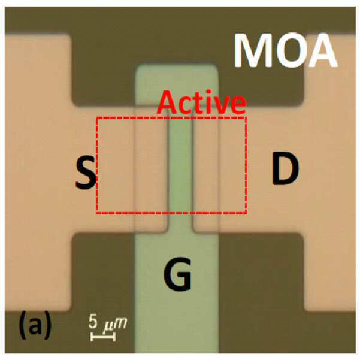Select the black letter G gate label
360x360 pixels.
(x=177, y=274)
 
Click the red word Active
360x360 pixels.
(x=202, y=103)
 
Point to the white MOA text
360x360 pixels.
(x=285, y=50)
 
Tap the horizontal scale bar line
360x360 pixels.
(x=103, y=337)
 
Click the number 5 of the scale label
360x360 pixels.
(x=93, y=321)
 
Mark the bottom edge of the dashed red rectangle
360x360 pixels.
(x=171, y=213)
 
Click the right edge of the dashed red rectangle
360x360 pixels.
(x=246, y=165)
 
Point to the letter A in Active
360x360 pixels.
(x=167, y=102)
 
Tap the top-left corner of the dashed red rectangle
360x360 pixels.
(x=97, y=118)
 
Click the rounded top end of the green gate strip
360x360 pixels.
(x=177, y=67)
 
